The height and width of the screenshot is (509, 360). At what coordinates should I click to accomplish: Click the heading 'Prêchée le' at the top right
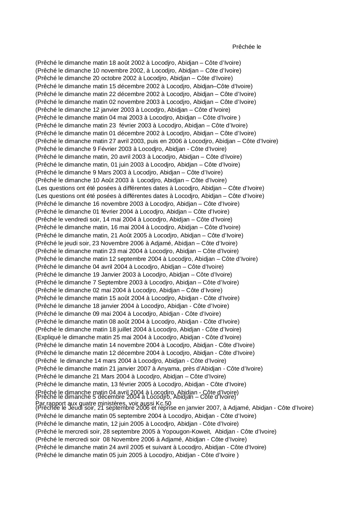coord(247,47)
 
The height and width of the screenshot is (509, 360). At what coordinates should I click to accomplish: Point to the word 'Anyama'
coord(167,369)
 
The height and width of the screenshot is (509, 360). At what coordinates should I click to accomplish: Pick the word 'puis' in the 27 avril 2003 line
coord(153,141)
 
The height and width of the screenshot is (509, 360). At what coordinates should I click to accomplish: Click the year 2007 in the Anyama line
coord(144,369)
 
